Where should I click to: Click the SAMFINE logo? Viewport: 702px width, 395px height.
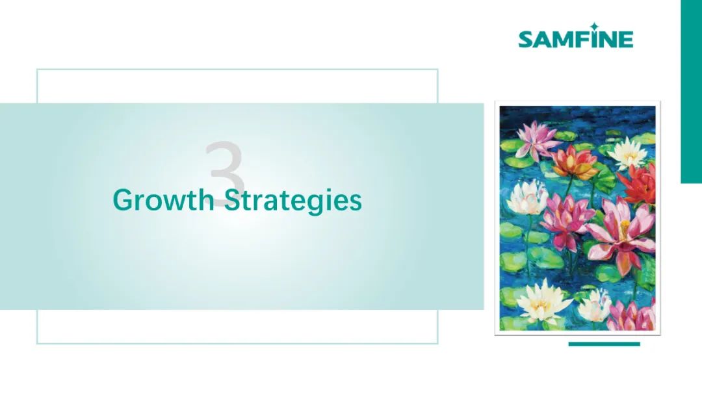[x=576, y=36]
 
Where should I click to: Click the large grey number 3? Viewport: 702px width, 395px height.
[x=225, y=173]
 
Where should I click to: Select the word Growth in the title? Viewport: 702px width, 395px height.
[x=164, y=200]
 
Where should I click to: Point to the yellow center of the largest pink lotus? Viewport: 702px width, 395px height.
[x=625, y=223]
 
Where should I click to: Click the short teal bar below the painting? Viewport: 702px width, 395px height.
[x=604, y=344]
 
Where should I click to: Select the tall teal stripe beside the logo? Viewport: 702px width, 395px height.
[x=691, y=91]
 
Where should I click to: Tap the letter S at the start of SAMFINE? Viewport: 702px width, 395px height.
[x=526, y=40]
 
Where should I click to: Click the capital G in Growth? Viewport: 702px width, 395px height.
[x=123, y=200]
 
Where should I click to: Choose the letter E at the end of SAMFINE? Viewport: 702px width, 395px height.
[x=626, y=40]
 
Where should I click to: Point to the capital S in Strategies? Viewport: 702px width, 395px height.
[x=232, y=200]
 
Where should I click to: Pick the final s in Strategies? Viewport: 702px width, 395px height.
[x=356, y=203]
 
